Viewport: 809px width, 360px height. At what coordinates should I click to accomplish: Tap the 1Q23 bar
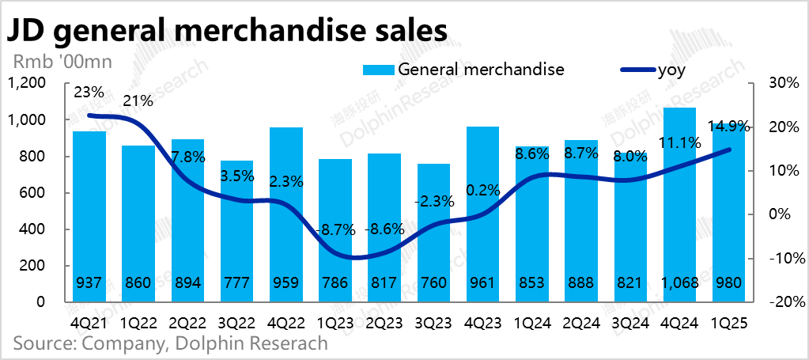(x=335, y=230)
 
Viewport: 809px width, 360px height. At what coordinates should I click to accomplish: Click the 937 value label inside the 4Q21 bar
(x=89, y=283)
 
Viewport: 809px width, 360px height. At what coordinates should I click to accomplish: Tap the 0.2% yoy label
(x=482, y=190)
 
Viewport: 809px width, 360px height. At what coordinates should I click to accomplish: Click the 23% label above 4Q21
(x=88, y=93)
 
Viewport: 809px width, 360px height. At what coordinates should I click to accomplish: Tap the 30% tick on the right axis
(x=781, y=84)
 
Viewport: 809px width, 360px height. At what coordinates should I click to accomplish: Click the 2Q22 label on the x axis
(x=188, y=323)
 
